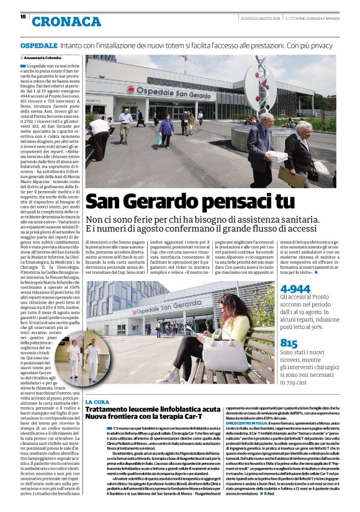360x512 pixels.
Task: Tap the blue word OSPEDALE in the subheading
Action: click(38, 46)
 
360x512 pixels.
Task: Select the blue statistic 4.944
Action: click(295, 289)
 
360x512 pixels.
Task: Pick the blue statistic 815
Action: click(289, 343)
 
